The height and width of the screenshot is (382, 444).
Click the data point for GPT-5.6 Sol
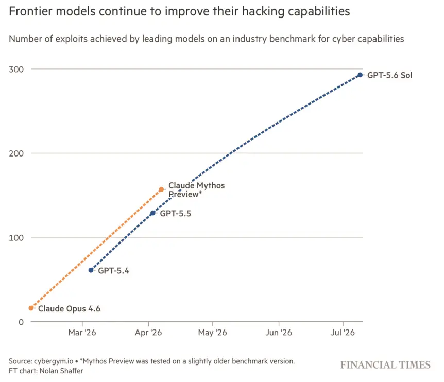(x=360, y=75)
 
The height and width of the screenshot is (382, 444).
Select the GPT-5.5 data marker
(x=153, y=213)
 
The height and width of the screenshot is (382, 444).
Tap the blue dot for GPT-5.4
(x=91, y=270)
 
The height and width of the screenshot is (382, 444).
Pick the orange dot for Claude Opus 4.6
(x=31, y=308)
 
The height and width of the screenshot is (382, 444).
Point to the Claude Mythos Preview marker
(x=161, y=189)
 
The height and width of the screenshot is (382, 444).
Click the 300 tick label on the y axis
(x=16, y=70)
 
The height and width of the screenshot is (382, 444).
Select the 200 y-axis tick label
(x=16, y=153)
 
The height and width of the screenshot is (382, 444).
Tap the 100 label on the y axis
(x=16, y=238)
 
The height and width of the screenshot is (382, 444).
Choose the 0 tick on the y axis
(x=21, y=322)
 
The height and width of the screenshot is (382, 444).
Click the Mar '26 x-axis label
(x=82, y=332)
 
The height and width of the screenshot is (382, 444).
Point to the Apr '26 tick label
(x=148, y=332)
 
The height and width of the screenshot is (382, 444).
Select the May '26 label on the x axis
(x=212, y=332)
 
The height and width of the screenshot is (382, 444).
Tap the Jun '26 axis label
(x=279, y=332)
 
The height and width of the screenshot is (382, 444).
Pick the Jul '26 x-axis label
(x=343, y=332)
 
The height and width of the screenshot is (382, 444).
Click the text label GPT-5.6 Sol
(x=389, y=75)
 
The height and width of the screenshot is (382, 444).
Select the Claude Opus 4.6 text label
(x=69, y=308)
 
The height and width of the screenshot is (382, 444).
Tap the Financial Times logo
(x=385, y=365)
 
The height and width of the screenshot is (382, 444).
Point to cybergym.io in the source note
(x=54, y=361)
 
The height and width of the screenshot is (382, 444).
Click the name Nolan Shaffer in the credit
(x=61, y=371)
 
